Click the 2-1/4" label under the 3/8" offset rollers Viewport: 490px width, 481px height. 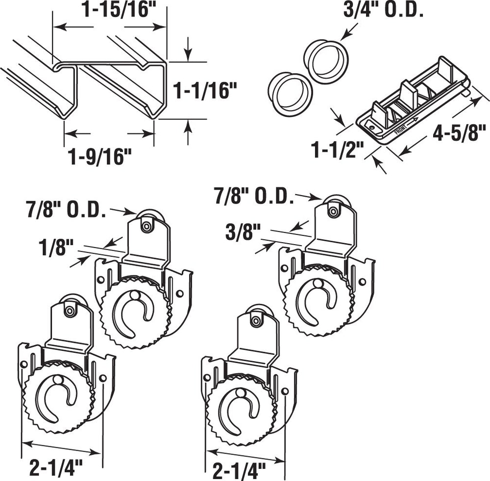240,472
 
